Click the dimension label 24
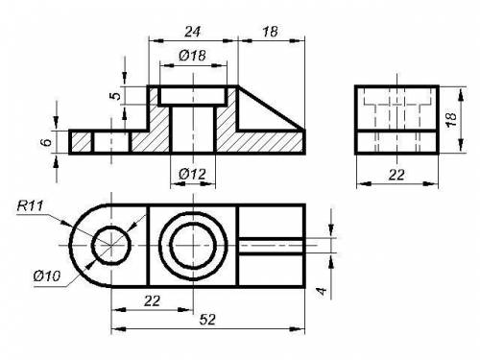pos(193,32)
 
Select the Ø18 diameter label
pos(193,56)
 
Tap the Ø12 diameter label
pos(193,174)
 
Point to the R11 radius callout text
pos(30,205)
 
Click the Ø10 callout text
pos(47,276)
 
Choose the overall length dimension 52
pos(207,320)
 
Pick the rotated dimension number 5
pos(117,96)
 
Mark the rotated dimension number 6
pos(47,142)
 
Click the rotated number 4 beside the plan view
pos(322,291)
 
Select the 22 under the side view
pos(396,175)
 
